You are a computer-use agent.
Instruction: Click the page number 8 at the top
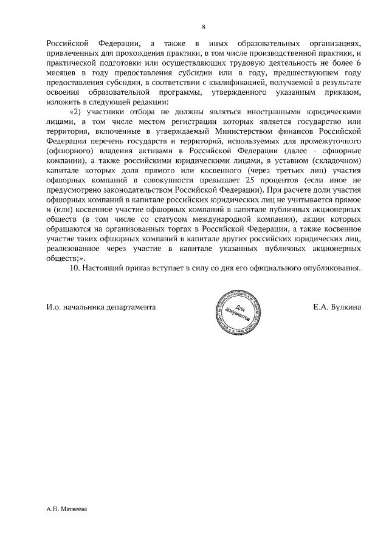pyautogui.click(x=204, y=27)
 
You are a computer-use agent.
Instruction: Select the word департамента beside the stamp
pyautogui.click(x=128, y=307)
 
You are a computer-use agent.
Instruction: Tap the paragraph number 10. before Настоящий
pyautogui.click(x=77, y=268)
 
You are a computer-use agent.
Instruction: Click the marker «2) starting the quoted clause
pyautogui.click(x=75, y=112)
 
